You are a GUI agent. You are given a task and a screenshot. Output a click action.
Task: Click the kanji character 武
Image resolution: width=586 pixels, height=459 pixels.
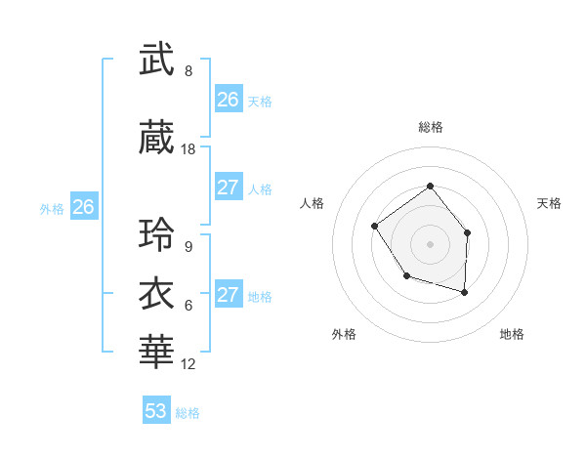coord(157,61)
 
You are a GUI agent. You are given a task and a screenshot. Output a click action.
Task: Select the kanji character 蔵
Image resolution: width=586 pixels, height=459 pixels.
coord(157,139)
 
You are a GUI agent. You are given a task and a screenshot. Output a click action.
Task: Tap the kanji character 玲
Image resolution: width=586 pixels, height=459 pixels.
coord(157,236)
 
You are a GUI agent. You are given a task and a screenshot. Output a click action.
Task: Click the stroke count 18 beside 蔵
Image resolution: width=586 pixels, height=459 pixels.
coord(188,149)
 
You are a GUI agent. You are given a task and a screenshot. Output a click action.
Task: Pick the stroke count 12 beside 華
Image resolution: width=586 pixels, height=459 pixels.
coord(188,364)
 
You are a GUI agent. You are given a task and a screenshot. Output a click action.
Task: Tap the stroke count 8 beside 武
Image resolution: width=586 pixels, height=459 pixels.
coord(188,71)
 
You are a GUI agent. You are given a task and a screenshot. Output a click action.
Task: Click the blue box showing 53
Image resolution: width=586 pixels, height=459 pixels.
coord(156,411)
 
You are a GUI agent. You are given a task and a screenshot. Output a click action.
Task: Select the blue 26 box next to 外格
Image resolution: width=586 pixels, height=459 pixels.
coord(84,207)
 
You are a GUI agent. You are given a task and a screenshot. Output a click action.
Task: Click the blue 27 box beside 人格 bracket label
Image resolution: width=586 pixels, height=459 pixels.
coord(229,188)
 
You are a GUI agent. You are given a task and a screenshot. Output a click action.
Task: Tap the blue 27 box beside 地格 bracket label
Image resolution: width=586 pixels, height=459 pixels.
coord(229,296)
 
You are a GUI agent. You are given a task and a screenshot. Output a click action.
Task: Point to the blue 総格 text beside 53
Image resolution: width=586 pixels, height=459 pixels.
coord(188,413)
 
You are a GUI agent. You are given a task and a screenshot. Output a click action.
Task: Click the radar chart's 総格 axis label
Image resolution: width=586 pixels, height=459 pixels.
coord(430,127)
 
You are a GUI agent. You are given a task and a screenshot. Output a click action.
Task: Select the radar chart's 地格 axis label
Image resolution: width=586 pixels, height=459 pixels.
coord(512,334)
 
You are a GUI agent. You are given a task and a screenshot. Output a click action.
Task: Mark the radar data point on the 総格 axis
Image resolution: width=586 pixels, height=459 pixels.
coord(430,187)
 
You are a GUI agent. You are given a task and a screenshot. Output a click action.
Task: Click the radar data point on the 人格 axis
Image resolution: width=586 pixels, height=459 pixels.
coord(375,227)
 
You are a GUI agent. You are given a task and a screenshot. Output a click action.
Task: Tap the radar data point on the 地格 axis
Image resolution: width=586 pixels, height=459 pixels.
coord(465,292)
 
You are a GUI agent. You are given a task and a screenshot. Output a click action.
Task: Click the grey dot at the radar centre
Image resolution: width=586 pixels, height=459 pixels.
coord(430,243)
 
